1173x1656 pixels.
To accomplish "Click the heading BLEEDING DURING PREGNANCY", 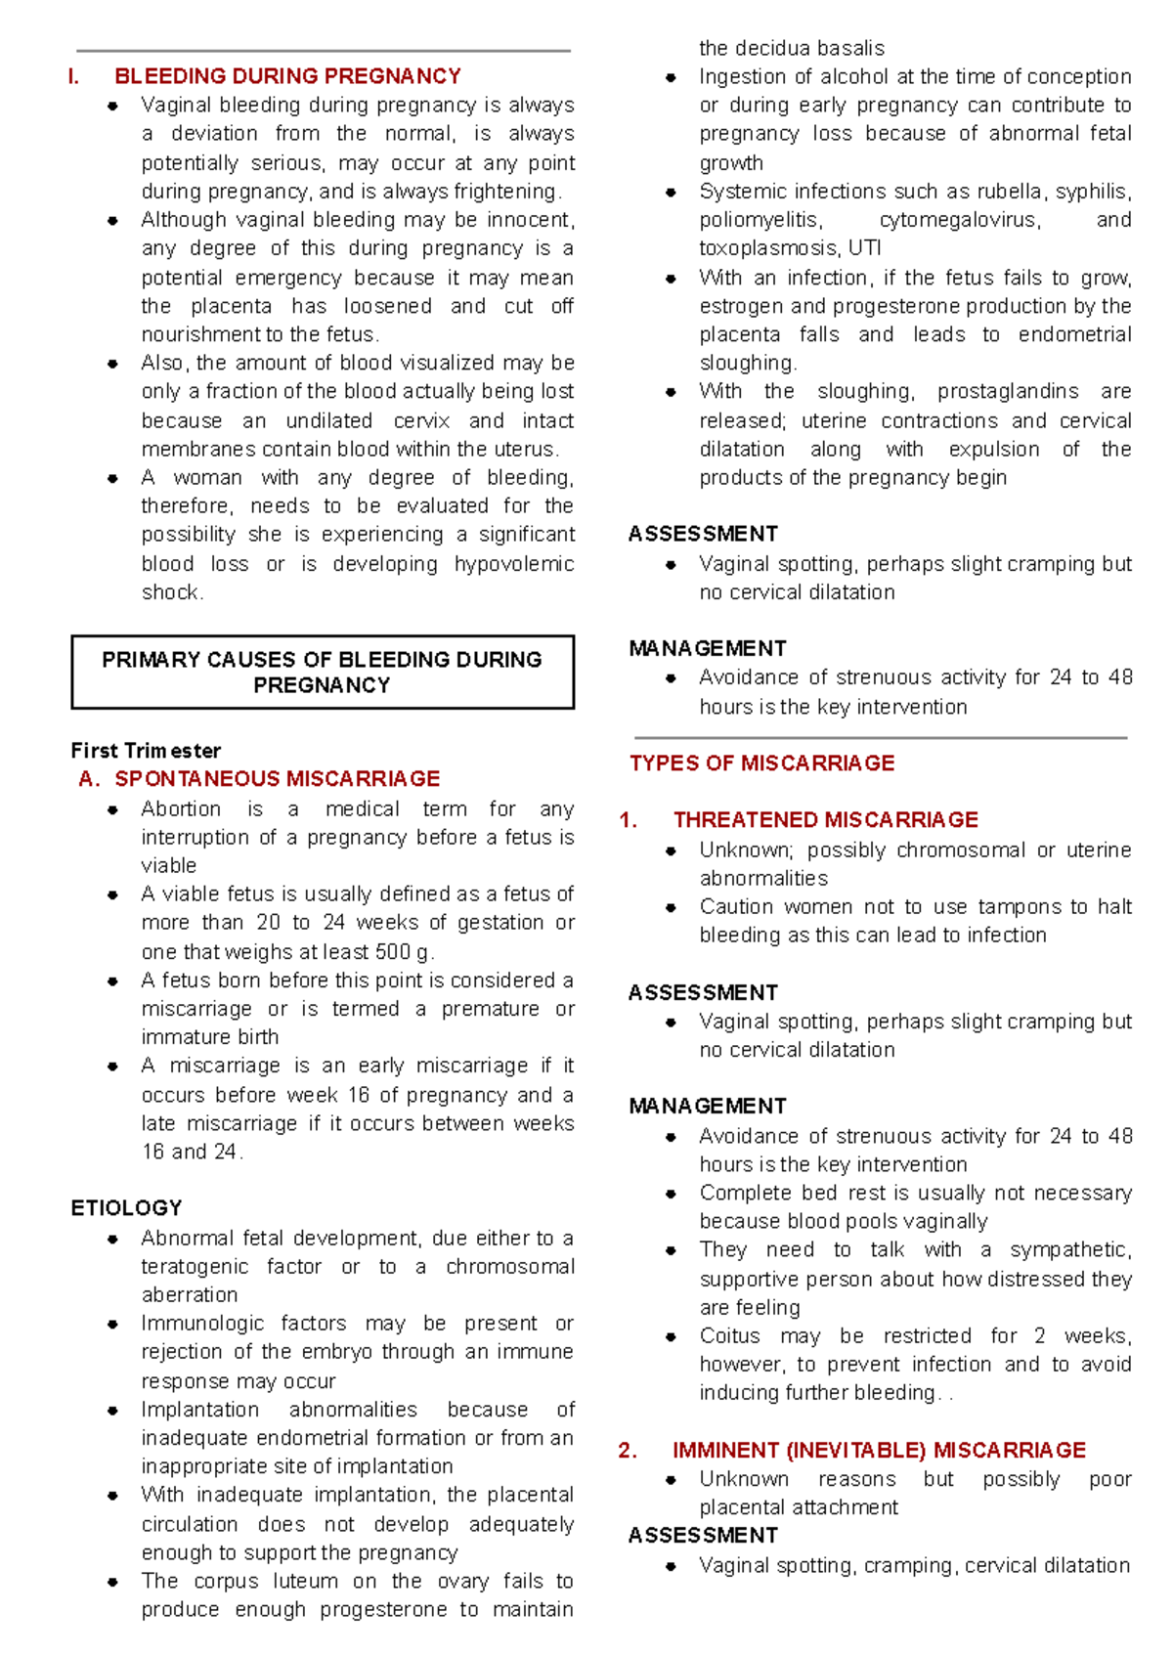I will coord(287,76).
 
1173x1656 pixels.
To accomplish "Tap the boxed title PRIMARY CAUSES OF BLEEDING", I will coord(322,672).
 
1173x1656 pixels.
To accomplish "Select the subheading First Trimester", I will coord(146,750).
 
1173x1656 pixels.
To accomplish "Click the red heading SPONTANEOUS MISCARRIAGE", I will coord(277,778).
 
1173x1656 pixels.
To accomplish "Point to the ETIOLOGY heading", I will coord(126,1207).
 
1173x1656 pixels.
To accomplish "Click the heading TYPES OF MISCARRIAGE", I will coord(761,763).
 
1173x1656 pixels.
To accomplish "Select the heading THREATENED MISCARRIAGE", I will coord(825,819).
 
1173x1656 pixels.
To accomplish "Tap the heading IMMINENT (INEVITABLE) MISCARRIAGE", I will coord(879,1450).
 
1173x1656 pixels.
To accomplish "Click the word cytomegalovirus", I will coord(958,220).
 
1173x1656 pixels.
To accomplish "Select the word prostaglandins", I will coord(1007,392).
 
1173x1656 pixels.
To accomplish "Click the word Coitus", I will coord(729,1335).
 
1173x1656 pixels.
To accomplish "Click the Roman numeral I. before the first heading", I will coord(73,76).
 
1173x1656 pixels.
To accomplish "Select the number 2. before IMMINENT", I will coord(628,1450).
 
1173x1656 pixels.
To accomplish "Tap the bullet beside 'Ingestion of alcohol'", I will coord(671,77).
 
